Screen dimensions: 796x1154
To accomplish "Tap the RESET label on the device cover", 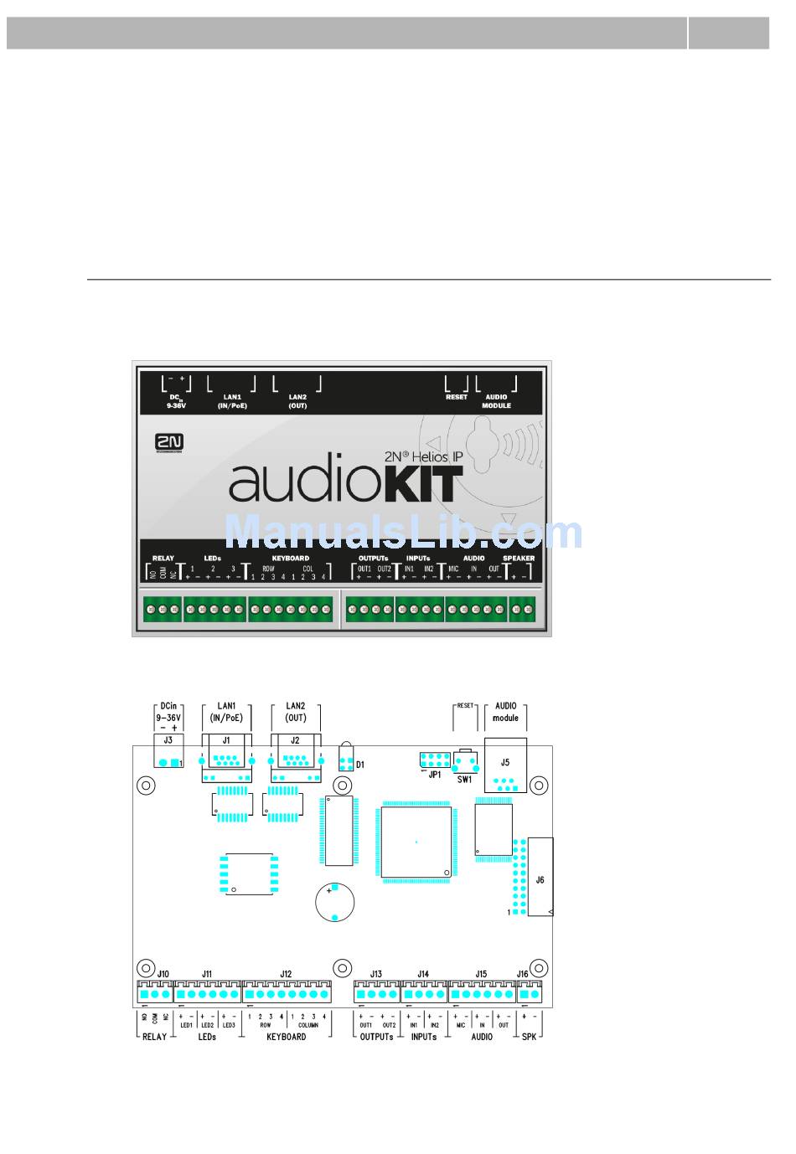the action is point(457,397).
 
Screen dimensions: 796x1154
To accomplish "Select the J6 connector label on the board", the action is point(540,880).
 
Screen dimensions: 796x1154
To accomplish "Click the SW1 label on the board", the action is point(464,780).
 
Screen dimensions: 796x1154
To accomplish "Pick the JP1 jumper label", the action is point(434,775).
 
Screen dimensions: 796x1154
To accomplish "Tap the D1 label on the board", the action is point(360,765).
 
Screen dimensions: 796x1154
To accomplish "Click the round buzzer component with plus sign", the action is point(334,903).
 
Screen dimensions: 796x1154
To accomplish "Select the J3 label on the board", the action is point(168,740).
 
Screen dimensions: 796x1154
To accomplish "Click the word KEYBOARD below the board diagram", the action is point(286,1037).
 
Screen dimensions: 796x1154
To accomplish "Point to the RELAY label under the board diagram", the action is point(154,1037).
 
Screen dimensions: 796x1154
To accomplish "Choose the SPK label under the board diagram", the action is point(529,1037).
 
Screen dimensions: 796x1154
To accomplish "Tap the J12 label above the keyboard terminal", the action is point(286,974).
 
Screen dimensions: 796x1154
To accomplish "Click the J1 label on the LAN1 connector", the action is point(226,740).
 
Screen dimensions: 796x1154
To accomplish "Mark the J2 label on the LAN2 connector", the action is point(295,740).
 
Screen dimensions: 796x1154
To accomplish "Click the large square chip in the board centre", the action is point(416,841).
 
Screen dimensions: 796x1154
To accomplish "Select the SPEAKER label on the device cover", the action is point(519,558).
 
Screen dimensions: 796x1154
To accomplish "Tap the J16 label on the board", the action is point(523,974).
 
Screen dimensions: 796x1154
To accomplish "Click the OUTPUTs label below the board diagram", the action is point(376,1037).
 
